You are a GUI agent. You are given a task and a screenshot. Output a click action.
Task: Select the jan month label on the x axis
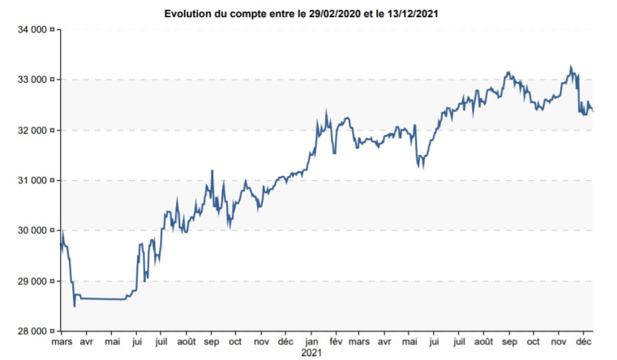coord(311,343)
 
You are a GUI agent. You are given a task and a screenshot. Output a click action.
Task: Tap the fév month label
coord(336,343)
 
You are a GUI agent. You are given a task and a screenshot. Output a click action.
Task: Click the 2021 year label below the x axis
coord(311,354)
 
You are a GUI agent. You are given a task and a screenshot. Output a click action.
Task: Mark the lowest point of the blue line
coord(75,306)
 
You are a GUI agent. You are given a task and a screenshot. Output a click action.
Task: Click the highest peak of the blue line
coord(571,66)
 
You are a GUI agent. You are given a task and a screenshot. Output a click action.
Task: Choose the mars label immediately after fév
coord(361,343)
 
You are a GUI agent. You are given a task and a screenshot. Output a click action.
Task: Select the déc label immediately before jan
coord(286,343)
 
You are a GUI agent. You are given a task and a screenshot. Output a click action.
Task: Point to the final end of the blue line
coord(593,111)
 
